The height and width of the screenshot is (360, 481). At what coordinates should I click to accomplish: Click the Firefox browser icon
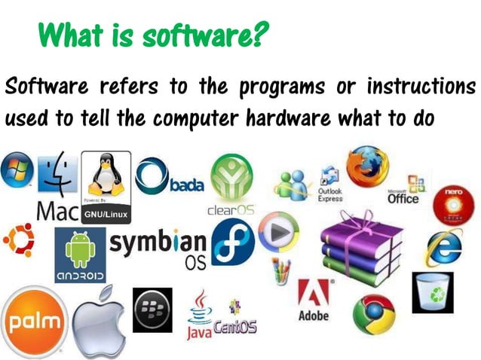pos(367,166)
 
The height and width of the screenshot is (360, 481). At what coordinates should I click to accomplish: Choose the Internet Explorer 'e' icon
pos(446,249)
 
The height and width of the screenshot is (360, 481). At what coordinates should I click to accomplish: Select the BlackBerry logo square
pos(152,310)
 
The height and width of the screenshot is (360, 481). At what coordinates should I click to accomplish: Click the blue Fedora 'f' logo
pos(233,246)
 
